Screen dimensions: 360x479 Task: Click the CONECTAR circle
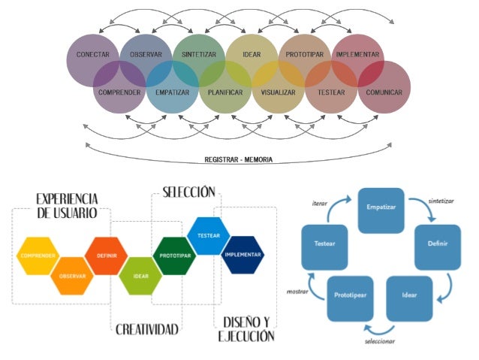(x=92, y=56)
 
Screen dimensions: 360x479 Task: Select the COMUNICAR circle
(x=384, y=92)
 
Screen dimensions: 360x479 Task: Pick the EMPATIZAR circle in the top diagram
(x=172, y=92)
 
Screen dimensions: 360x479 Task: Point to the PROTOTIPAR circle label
(x=303, y=55)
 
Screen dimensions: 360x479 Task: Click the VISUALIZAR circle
(x=278, y=92)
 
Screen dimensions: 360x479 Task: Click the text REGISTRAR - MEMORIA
(x=239, y=159)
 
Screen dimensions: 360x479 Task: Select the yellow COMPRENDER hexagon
(x=37, y=256)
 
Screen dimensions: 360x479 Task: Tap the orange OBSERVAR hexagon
(x=72, y=276)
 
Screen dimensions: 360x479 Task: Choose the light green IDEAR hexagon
(x=140, y=276)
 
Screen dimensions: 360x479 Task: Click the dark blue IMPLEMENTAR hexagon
(x=243, y=255)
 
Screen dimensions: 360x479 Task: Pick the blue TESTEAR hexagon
(x=208, y=235)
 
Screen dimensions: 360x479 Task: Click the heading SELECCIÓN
(x=189, y=192)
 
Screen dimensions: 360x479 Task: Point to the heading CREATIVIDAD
(x=147, y=329)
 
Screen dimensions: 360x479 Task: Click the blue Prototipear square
(x=350, y=295)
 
